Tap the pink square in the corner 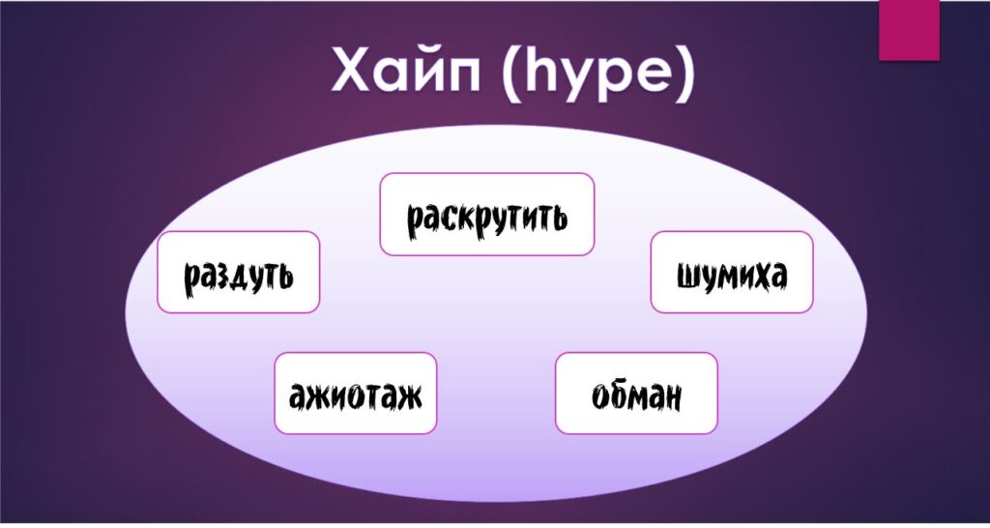[x=909, y=30]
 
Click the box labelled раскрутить [x=487, y=214]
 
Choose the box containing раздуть [x=239, y=272]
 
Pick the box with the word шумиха [x=732, y=272]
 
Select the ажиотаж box [x=356, y=393]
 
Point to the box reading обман [x=636, y=393]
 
